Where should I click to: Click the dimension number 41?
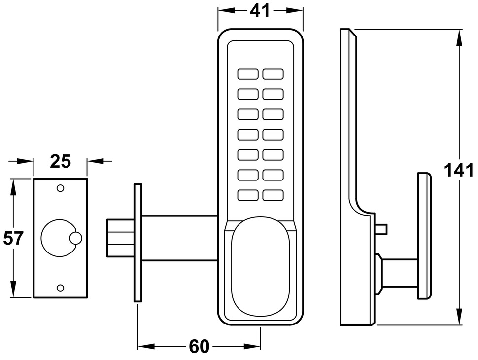pos(260,10)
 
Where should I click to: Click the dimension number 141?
pos(459,171)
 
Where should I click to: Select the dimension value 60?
pos(199,347)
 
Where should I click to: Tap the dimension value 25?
pos(61,161)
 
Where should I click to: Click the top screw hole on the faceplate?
pos(61,188)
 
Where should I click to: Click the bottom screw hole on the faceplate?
pos(61,288)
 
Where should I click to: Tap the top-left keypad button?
pos(248,74)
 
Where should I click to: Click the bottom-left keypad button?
pos(248,195)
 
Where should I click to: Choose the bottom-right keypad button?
pos(273,195)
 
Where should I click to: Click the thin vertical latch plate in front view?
pos(138,242)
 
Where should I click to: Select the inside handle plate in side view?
pos(424,236)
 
